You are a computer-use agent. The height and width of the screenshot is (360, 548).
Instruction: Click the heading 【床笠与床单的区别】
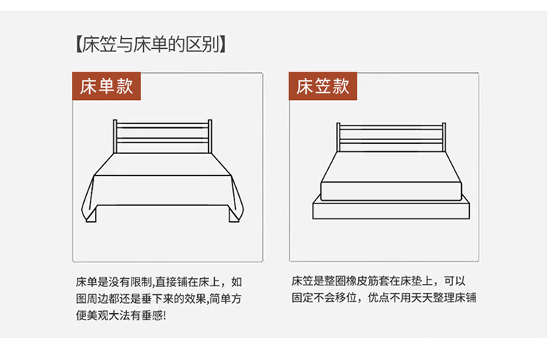pos(151,45)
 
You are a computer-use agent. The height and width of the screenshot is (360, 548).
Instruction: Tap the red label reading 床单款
pos(107,86)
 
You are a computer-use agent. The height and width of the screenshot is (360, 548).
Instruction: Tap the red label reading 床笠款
pos(323,86)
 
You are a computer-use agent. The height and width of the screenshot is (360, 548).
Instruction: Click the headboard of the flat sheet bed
pos(162,137)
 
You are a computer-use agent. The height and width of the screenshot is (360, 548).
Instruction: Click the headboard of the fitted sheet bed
pos(391,137)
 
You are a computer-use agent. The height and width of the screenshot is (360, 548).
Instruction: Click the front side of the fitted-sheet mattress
pos(391,191)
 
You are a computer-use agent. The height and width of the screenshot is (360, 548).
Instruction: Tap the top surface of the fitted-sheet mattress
pos(391,167)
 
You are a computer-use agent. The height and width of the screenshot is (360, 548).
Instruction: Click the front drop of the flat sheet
pos(163,191)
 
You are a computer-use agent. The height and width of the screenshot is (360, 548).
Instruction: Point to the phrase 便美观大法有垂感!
pos(121,315)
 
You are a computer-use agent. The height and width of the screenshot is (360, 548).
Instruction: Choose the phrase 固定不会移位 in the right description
pos(324,297)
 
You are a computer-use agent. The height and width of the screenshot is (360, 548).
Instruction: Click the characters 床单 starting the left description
pos(86,282)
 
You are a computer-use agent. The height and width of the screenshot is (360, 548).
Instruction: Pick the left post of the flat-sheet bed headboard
pos(115,137)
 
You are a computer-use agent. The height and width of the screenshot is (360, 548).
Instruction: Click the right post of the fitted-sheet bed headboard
pos(444,137)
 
